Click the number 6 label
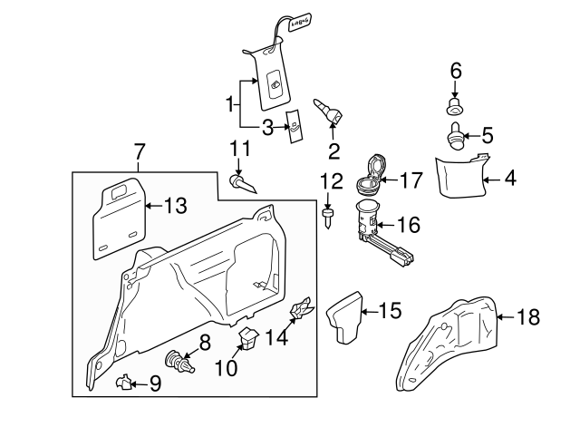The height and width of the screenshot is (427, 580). tap(456, 71)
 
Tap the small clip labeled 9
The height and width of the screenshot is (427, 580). tap(125, 383)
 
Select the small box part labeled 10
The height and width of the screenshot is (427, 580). tap(246, 338)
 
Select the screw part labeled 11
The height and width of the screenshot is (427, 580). tap(243, 184)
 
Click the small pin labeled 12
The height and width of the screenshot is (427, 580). tap(327, 218)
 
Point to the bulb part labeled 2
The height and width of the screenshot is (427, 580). tap(327, 114)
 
